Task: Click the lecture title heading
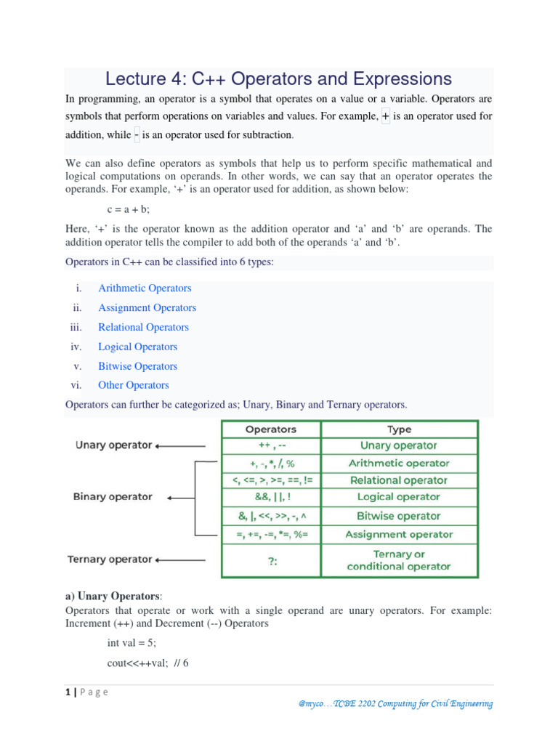point(278,78)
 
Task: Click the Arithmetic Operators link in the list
point(145,288)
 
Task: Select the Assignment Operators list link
point(147,308)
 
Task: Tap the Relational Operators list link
point(143,328)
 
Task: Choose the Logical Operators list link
point(137,347)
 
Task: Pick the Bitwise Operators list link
point(137,367)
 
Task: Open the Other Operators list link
point(133,386)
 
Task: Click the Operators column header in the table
point(271,429)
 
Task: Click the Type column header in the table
point(399,429)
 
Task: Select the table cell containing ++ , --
point(271,445)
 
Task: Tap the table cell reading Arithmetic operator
point(399,463)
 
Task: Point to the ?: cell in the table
point(271,560)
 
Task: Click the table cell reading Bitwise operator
point(399,516)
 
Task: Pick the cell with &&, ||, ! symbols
point(271,498)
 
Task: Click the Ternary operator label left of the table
point(110,560)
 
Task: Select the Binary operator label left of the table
point(113,497)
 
